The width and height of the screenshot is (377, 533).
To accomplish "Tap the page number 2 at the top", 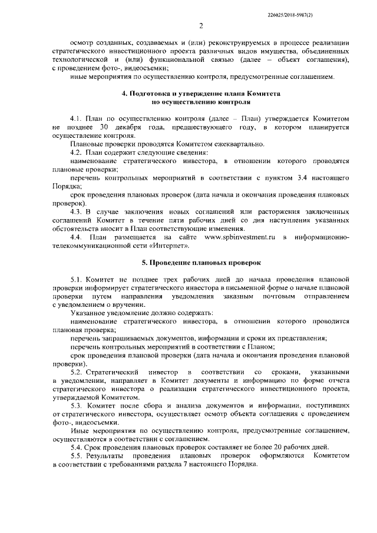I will click(200, 25).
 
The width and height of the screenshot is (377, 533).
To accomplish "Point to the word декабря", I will click(134, 127).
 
